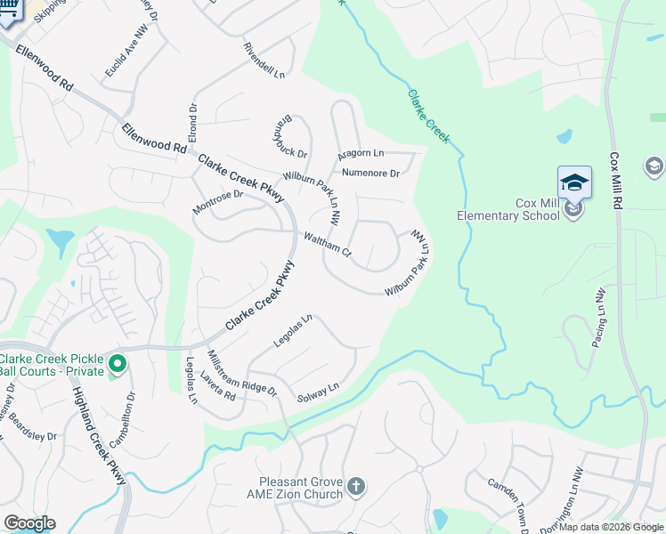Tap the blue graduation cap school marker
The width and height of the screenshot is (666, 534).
point(574,183)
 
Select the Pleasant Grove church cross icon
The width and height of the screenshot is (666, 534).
point(355,486)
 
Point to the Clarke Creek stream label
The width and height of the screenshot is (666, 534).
point(429,117)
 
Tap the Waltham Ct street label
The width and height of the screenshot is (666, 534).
point(328,244)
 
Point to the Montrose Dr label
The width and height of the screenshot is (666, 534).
point(217,202)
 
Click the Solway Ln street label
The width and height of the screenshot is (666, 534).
point(318,392)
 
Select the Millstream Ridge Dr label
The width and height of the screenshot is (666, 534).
point(241,372)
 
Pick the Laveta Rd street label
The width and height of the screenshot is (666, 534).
point(216,385)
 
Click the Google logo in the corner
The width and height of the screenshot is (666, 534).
point(29,523)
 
